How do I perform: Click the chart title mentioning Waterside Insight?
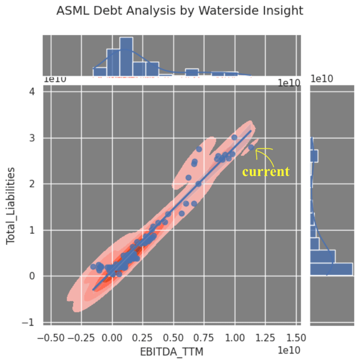(x=179, y=11)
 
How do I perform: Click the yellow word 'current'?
(x=265, y=171)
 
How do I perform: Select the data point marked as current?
(x=251, y=148)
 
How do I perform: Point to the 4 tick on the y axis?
(x=31, y=92)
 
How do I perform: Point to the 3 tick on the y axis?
(x=31, y=138)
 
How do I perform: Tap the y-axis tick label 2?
(x=31, y=184)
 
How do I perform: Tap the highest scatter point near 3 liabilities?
(x=235, y=137)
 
